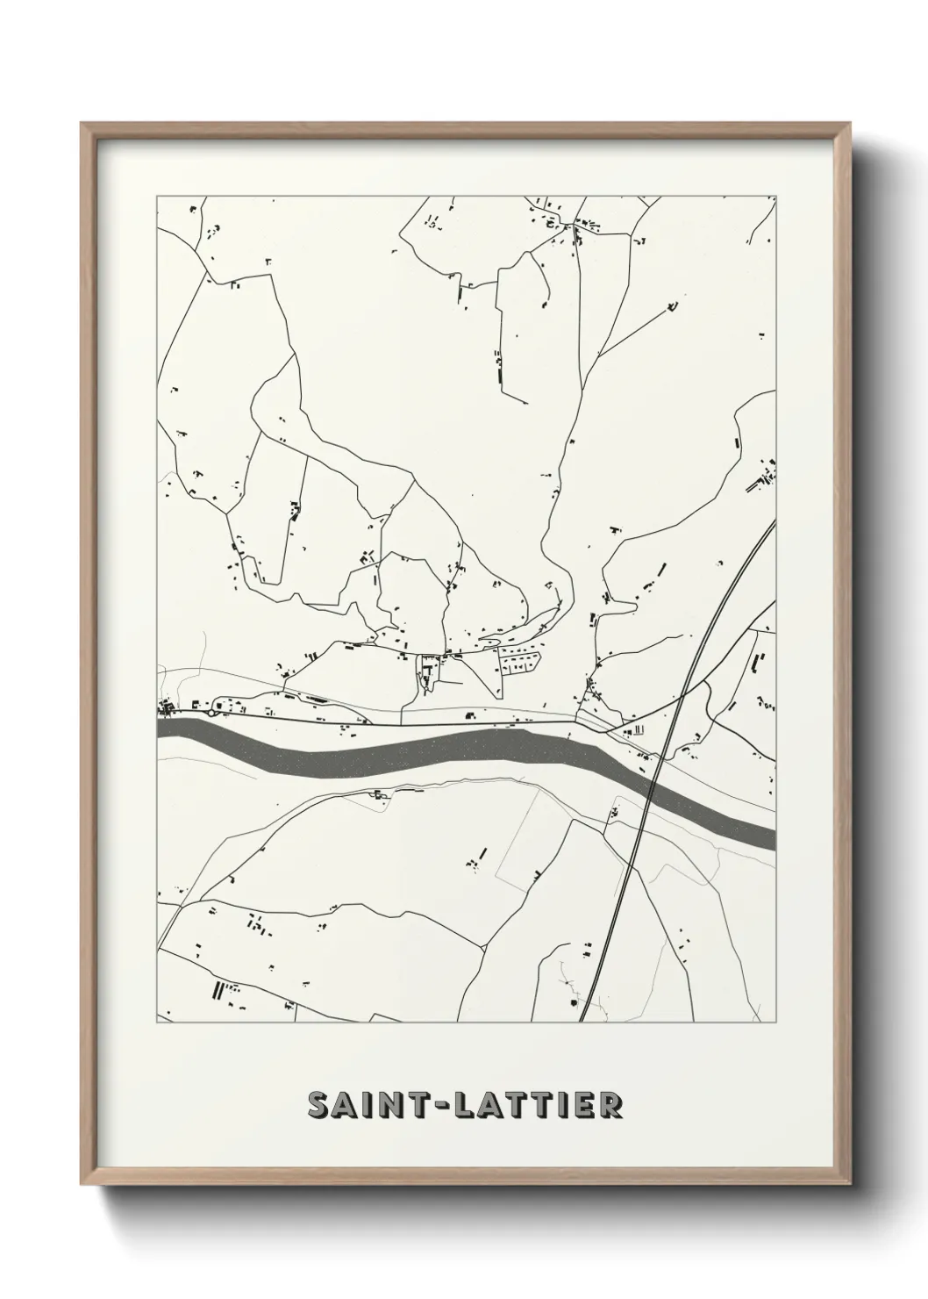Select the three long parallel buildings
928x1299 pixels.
coord(217,990)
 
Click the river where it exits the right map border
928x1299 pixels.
coord(772,837)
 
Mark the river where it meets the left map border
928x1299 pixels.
coord(161,728)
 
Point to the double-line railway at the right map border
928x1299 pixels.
coord(773,526)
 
